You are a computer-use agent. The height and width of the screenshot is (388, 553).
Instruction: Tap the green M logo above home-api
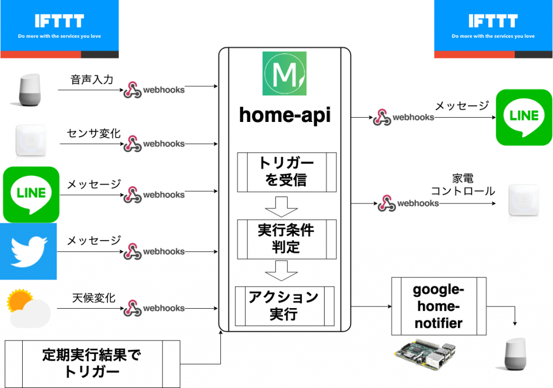284,73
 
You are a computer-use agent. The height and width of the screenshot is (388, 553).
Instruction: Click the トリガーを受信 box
286,172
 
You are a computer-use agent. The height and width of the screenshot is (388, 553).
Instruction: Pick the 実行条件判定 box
286,239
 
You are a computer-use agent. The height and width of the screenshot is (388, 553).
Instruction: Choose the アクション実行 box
285,305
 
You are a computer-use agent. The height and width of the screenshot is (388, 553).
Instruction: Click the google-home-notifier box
439,306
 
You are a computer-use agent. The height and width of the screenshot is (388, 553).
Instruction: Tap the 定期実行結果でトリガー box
91,363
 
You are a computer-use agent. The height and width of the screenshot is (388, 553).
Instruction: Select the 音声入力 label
92,80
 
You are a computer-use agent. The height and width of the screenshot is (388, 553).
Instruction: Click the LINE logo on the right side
524,117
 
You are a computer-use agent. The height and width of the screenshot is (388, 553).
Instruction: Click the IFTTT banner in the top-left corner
59,29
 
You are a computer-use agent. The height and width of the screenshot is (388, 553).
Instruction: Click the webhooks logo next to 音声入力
154,90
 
